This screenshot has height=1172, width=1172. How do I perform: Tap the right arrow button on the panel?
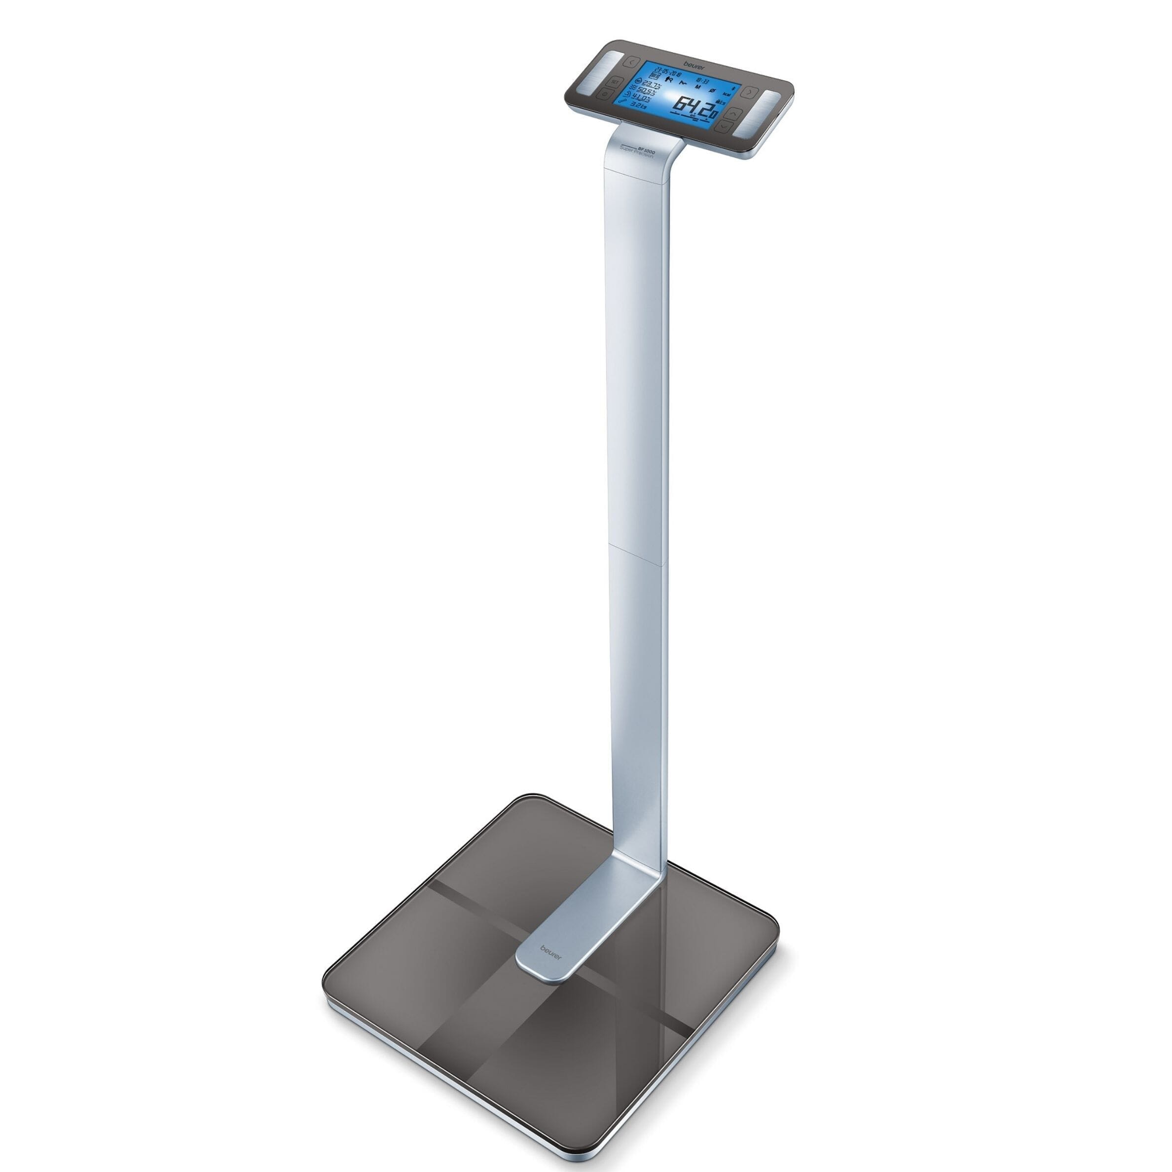coord(750,92)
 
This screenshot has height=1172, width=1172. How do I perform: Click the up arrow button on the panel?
coord(733,113)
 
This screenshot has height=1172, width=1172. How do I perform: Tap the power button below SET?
coord(605,94)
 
